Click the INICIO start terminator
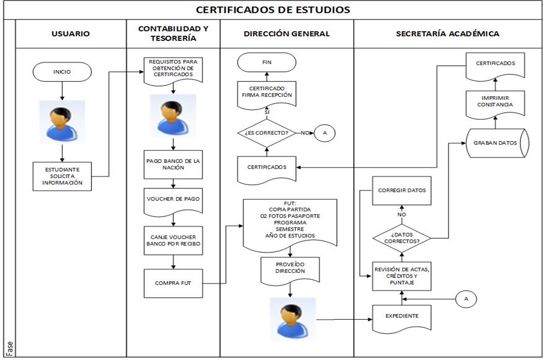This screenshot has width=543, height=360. click(x=62, y=72)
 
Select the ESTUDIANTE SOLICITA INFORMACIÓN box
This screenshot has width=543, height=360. click(x=62, y=176)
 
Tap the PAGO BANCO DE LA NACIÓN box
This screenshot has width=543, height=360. click(x=173, y=165)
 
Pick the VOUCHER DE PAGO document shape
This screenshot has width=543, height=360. click(x=173, y=201)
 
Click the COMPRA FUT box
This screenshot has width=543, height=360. click(x=173, y=283)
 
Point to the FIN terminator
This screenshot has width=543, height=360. click(x=267, y=63)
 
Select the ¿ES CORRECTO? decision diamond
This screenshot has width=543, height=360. click(x=267, y=133)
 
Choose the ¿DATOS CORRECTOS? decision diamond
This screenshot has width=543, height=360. click(x=402, y=238)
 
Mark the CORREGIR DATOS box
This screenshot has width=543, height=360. click(x=402, y=190)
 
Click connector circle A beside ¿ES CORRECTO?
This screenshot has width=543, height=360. click(x=325, y=133)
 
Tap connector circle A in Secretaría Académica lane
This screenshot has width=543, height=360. click(x=466, y=299)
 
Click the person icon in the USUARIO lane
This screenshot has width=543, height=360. click(x=62, y=122)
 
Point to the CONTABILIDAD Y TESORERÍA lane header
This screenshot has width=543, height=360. click(x=173, y=34)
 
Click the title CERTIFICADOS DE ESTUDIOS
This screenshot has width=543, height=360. click(x=273, y=9)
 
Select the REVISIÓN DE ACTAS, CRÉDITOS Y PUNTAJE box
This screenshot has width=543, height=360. click(x=402, y=276)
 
